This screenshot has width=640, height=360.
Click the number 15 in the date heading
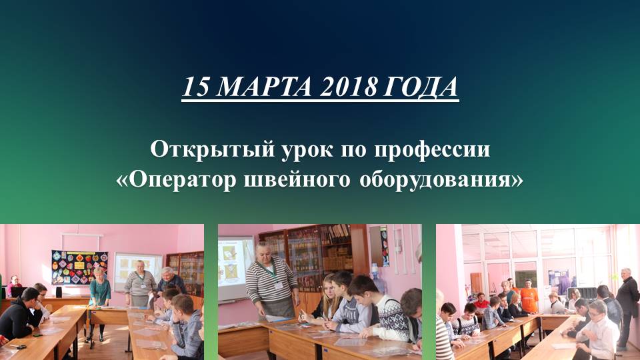pyautogui.click(x=194, y=87)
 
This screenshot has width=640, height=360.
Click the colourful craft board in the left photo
pyautogui.click(x=79, y=267)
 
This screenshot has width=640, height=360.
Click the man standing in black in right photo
pyautogui.click(x=626, y=300)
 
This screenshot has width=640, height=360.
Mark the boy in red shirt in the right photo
pyautogui.click(x=481, y=303)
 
